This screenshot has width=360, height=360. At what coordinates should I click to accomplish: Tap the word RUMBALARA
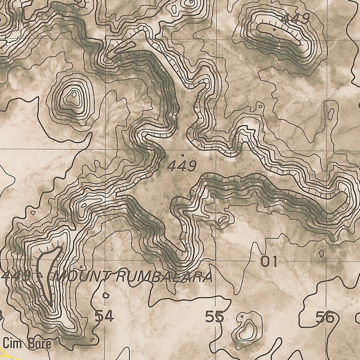click(163, 277)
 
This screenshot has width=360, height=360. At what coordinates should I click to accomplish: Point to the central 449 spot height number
click(181, 166)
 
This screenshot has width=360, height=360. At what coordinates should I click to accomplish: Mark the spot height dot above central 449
click(182, 155)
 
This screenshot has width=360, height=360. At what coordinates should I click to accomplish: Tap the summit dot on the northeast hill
click(274, 30)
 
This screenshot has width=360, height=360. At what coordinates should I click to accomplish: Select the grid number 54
click(104, 317)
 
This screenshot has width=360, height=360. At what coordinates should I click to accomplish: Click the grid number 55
click(214, 317)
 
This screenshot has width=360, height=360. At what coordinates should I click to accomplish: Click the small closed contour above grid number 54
click(105, 295)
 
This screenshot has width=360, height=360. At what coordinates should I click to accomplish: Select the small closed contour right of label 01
click(321, 253)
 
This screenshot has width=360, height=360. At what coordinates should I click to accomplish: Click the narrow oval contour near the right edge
click(331, 112)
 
